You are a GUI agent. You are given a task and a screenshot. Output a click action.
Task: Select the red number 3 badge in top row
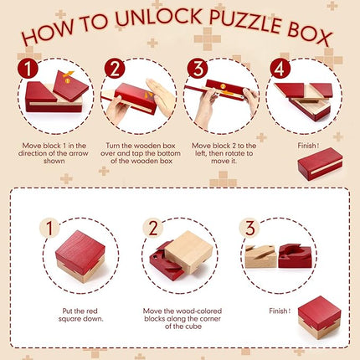(x=198, y=67)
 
